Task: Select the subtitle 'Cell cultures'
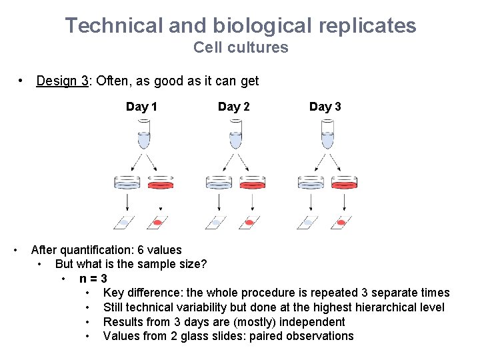pyautogui.click(x=241, y=48)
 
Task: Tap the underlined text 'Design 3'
pyautogui.click(x=63, y=81)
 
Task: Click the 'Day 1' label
pyautogui.click(x=142, y=107)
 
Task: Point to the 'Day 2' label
pyautogui.click(x=234, y=107)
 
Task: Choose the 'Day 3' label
pyautogui.click(x=325, y=107)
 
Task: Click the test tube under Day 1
pyautogui.click(x=143, y=135)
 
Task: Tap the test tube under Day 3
pyautogui.click(x=326, y=135)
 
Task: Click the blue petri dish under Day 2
pyautogui.click(x=219, y=182)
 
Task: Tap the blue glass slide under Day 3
pyautogui.click(x=309, y=222)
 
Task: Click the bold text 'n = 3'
pyautogui.click(x=93, y=279)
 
